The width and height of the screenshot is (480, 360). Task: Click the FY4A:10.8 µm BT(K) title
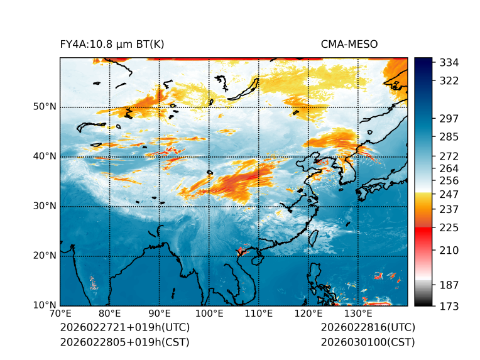click(112, 44)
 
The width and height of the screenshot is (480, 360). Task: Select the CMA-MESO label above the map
click(349, 44)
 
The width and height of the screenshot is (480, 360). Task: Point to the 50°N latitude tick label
click(45, 107)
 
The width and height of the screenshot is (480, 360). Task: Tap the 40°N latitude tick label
click(45, 156)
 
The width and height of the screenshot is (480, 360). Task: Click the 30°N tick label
click(45, 206)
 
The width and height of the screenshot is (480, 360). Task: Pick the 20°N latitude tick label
click(45, 256)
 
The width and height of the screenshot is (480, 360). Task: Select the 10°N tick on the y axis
click(45, 305)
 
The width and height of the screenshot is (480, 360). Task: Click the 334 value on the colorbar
click(449, 63)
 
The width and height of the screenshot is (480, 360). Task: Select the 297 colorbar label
click(449, 119)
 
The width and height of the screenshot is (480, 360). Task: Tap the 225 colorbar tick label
click(449, 227)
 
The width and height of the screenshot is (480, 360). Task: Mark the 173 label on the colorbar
click(449, 306)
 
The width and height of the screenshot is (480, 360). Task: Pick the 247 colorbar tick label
click(449, 194)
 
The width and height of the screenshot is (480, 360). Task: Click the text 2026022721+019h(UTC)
click(124, 328)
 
